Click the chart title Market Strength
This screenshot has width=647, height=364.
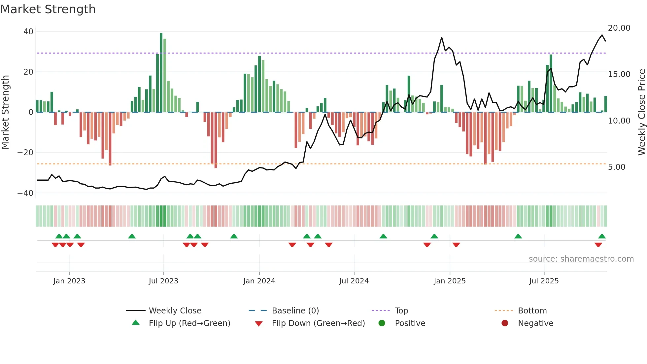pos(48,9)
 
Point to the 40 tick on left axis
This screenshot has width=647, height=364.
pos(28,32)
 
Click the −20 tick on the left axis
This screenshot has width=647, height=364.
pos(25,153)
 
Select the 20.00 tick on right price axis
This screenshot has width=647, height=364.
pos(619,28)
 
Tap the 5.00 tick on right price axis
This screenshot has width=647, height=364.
pos(616,167)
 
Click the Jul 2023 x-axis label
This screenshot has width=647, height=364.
pos(163,281)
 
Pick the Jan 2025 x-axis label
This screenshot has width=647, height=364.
pos(450,281)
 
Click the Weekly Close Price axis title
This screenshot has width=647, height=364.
pos(641,112)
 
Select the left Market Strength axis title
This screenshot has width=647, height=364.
pos(6,112)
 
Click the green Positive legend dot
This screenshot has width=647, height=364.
pos(382,323)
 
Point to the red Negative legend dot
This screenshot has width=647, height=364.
pos(505,323)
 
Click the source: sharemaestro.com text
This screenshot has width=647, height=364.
pos(581,259)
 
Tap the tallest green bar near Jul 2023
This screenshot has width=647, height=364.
pos(161,73)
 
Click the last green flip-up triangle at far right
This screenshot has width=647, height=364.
pos(602,237)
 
